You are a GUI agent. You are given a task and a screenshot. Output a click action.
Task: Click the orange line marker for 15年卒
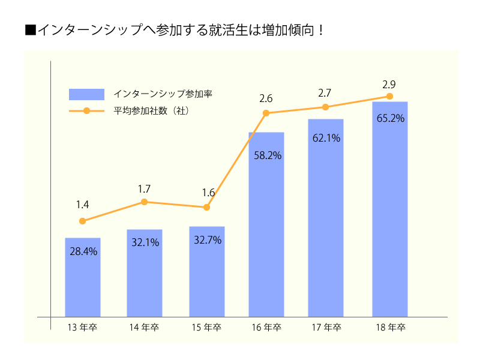point(207,207)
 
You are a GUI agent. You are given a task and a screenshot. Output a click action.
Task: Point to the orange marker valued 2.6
point(266,113)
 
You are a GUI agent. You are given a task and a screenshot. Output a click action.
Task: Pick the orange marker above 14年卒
point(145,202)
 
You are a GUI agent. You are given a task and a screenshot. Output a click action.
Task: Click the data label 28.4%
point(83,251)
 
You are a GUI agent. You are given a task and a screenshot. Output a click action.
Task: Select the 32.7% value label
point(208,240)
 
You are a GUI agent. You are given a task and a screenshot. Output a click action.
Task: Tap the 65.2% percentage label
point(390,118)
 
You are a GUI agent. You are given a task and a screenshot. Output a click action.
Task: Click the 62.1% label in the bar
point(326,138)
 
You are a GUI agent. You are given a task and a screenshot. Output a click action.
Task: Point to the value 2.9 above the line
point(389,84)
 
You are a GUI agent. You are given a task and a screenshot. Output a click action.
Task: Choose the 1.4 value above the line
point(82,205)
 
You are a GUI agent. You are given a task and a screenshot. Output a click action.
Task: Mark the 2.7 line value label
point(325,93)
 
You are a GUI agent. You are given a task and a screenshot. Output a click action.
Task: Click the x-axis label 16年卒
point(266,328)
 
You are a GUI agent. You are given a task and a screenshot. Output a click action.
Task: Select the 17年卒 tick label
point(326,328)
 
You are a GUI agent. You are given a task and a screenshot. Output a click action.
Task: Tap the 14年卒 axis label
point(144,328)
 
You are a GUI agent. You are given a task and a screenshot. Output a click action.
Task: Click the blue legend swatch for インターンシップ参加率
point(87,94)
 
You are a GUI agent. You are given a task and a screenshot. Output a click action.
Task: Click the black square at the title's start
point(31,30)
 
